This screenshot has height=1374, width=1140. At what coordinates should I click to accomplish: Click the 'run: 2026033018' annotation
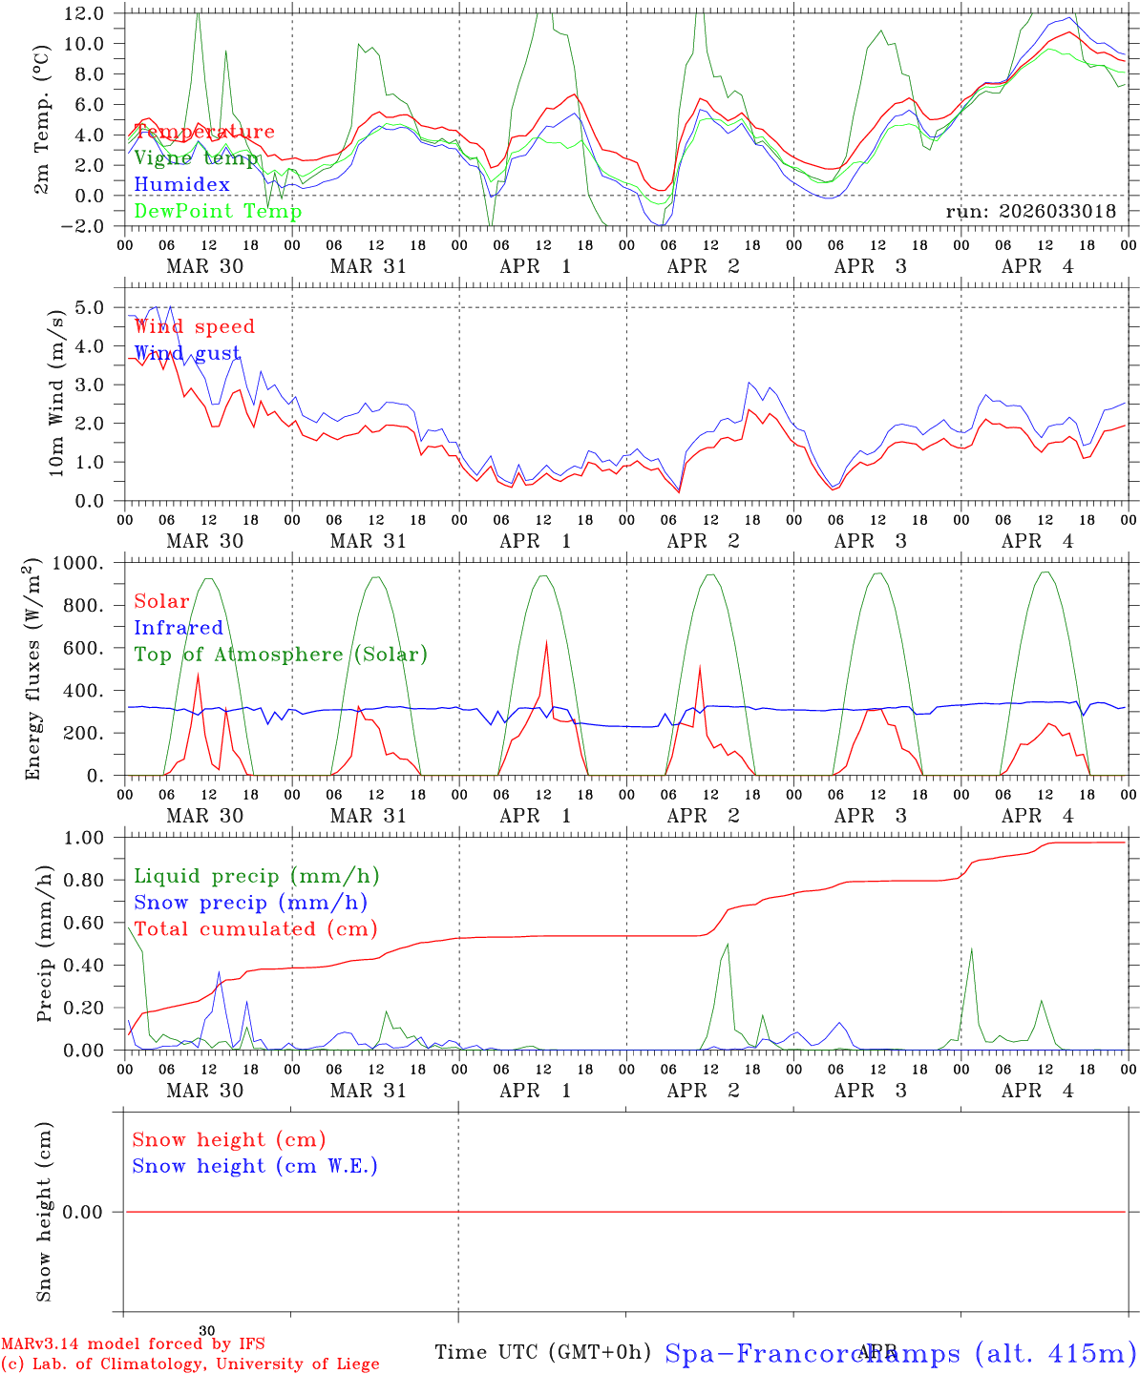click(x=1030, y=211)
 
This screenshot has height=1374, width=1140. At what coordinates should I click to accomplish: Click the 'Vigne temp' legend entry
click(x=196, y=157)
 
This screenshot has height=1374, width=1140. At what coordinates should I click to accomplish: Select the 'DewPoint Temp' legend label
click(x=218, y=211)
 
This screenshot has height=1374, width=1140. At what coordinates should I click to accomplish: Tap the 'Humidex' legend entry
click(x=181, y=184)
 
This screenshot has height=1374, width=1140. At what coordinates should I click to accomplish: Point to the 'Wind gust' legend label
click(x=187, y=353)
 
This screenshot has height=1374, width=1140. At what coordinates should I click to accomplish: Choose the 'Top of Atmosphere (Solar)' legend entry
click(x=280, y=655)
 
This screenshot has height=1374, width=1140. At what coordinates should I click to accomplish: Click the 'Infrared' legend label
click(x=178, y=628)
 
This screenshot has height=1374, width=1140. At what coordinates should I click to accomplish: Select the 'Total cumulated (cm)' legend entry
click(x=255, y=928)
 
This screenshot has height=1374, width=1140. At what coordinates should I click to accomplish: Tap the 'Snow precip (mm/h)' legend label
click(x=250, y=903)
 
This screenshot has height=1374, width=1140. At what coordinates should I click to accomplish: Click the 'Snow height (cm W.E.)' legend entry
click(x=254, y=1166)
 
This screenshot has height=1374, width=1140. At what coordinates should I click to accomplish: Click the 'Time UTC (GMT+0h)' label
click(x=542, y=1352)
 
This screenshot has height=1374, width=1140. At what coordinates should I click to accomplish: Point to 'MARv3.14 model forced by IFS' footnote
click(x=133, y=1344)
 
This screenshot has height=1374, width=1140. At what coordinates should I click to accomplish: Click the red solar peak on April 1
click(x=546, y=642)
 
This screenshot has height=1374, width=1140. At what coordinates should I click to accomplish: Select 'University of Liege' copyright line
click(x=190, y=1364)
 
